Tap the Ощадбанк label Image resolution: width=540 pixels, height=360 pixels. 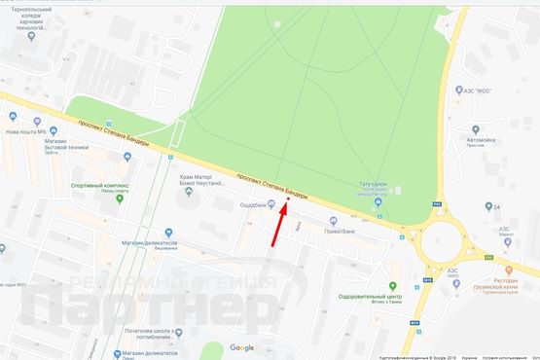[x=253, y=204]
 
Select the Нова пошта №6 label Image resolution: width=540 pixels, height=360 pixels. [x=25, y=131]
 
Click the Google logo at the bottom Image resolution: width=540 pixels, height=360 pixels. [x=241, y=347]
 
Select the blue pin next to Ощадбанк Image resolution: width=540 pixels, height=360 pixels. [x=271, y=204]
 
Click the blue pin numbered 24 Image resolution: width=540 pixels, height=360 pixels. [x=487, y=207]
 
